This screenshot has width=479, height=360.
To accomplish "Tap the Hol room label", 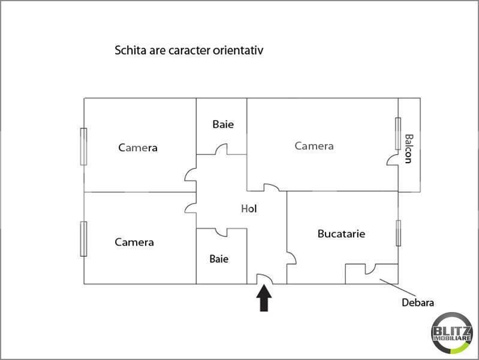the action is (x=249, y=209).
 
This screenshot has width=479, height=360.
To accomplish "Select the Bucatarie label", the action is (x=341, y=233).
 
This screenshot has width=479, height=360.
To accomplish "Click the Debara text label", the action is (x=418, y=303).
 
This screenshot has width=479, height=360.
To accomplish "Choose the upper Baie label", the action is (x=222, y=125).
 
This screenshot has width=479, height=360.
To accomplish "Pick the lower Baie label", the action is (x=219, y=259).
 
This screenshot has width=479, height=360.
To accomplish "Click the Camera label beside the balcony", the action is (x=314, y=146).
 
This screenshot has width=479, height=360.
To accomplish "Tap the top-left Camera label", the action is (x=138, y=148).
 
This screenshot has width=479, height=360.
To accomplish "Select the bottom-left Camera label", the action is (x=134, y=242).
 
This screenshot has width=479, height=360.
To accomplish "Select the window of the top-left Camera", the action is (x=84, y=146).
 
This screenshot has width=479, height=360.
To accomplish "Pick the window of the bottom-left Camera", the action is (x=84, y=239).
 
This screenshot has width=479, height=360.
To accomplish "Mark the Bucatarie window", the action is (x=398, y=233).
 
